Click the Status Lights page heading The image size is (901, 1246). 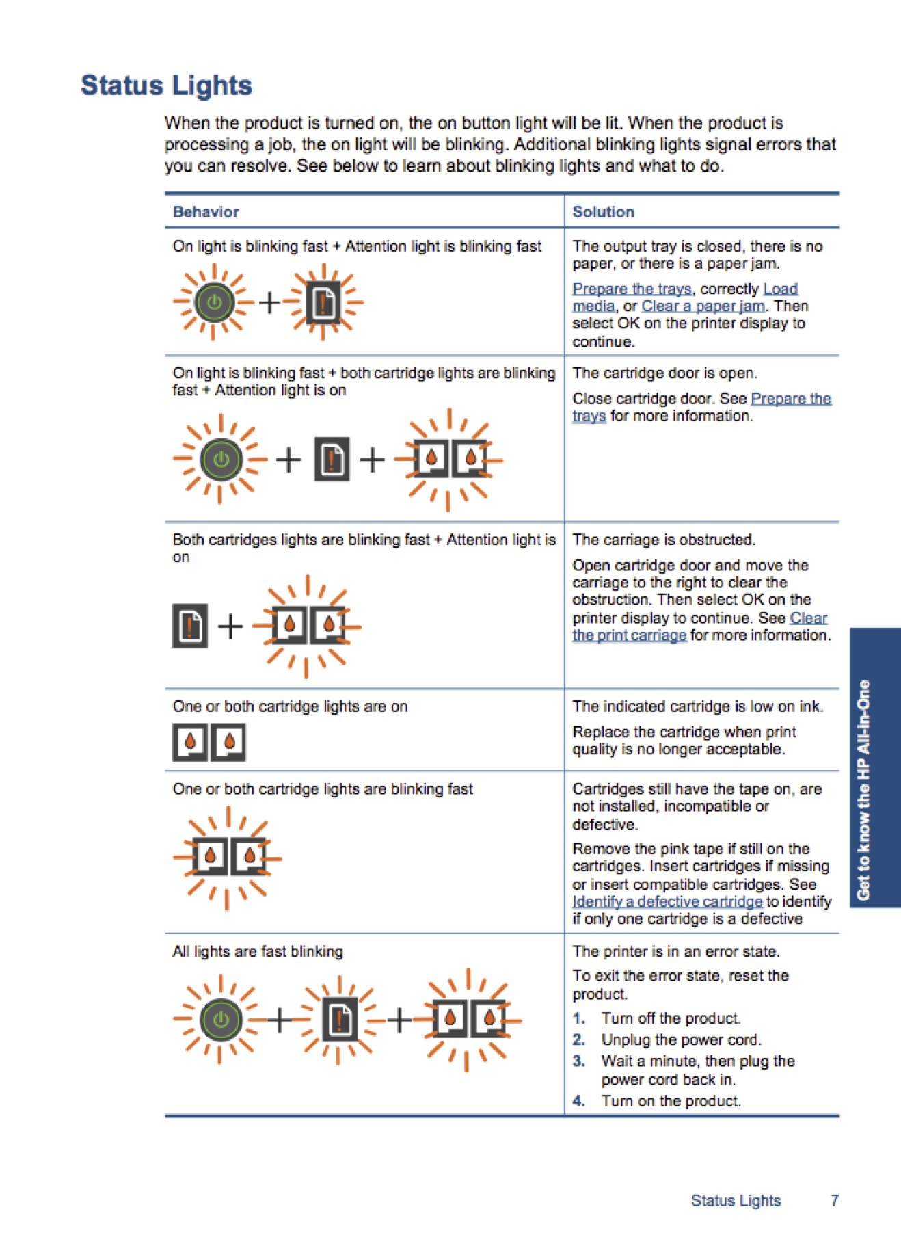click(166, 85)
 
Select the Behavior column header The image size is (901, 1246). click(206, 212)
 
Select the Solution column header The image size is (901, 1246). click(603, 212)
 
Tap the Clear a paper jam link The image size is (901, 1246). click(703, 306)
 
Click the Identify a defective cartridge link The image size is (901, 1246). click(667, 901)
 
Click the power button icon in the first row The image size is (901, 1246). click(214, 302)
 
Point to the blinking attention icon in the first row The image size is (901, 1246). click(323, 302)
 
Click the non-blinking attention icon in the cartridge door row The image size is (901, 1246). click(332, 459)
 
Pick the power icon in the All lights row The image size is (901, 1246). click(221, 1020)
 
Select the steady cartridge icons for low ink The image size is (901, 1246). click(209, 742)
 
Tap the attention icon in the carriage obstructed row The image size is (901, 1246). click(190, 626)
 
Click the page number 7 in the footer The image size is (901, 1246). click(834, 1200)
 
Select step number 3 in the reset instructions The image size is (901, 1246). click(579, 1061)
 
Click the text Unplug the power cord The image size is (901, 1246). click(681, 1039)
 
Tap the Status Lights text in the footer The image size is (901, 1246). click(736, 1200)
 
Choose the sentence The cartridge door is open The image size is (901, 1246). click(664, 373)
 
